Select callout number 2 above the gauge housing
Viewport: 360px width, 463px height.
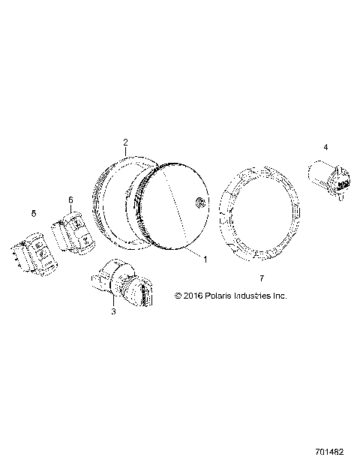pos(125,142)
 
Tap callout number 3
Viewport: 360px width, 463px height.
pos(113,311)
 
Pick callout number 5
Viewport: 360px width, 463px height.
pos(33,215)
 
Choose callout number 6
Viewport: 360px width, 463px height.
pos(70,200)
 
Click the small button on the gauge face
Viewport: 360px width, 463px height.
pos(198,201)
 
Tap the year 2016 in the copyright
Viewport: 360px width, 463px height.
pos(191,296)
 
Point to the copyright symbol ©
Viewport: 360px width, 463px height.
pos(178,296)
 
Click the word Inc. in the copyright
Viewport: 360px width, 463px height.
pos(280,296)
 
